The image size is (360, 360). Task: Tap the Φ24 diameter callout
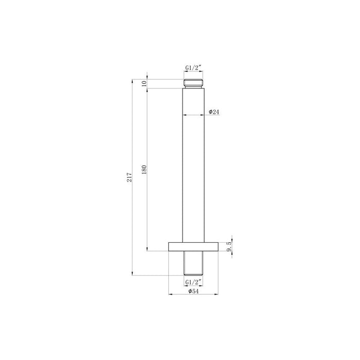[x=215, y=112]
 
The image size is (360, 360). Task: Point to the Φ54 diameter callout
[x=193, y=292]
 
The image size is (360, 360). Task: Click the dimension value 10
[x=145, y=84]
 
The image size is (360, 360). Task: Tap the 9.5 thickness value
[x=229, y=246]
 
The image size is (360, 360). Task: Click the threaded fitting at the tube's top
[x=194, y=84]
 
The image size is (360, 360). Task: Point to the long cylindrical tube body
[x=194, y=165]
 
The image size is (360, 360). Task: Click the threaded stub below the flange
[x=194, y=263]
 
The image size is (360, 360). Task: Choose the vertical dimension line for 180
[x=148, y=206]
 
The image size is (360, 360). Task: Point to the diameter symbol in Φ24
[x=211, y=112]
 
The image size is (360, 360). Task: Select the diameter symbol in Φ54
[x=189, y=292]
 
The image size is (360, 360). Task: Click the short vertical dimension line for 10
[x=148, y=84]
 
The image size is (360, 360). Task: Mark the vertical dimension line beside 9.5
[x=232, y=246]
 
